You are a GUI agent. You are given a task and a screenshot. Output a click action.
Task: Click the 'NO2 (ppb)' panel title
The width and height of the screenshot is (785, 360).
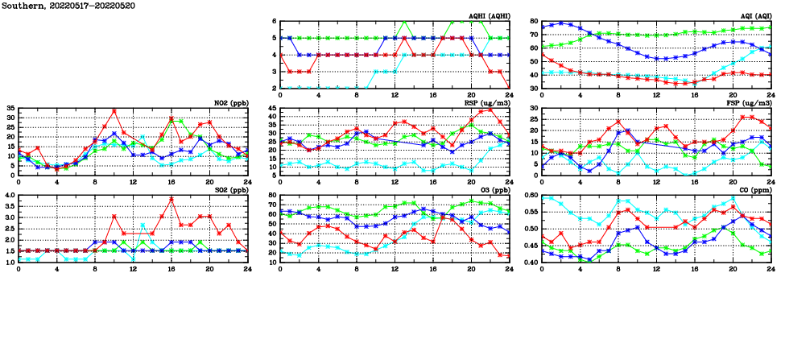click(230, 103)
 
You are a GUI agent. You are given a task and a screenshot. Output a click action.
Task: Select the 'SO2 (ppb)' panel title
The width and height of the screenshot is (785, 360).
click(230, 190)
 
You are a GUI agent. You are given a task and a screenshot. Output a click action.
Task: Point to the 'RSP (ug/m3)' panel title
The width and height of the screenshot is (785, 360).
click(489, 103)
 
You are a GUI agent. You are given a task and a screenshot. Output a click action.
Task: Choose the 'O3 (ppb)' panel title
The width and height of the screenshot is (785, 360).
click(494, 190)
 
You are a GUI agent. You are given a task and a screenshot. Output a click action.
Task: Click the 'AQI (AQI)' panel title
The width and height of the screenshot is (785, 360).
click(754, 16)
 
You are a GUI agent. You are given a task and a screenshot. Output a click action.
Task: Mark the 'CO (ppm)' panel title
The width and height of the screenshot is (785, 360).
click(754, 190)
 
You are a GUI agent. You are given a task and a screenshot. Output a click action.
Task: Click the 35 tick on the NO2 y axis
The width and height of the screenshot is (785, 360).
click(10, 108)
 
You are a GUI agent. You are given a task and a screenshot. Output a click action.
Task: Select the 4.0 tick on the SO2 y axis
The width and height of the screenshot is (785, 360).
click(8, 195)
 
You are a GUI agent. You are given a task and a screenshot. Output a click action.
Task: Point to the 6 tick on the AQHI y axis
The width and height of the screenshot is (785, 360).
click(275, 21)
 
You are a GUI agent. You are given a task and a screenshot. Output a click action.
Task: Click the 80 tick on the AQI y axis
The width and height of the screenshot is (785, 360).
click(534, 21)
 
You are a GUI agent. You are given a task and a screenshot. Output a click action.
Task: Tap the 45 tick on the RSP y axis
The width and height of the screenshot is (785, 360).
click(272, 108)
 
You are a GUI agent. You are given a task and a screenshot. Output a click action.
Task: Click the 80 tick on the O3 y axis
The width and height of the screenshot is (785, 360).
click(272, 195)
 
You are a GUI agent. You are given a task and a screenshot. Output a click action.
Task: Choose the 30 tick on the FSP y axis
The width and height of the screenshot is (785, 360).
click(534, 108)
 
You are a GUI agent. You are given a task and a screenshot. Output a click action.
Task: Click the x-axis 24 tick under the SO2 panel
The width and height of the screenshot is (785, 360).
click(247, 269)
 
